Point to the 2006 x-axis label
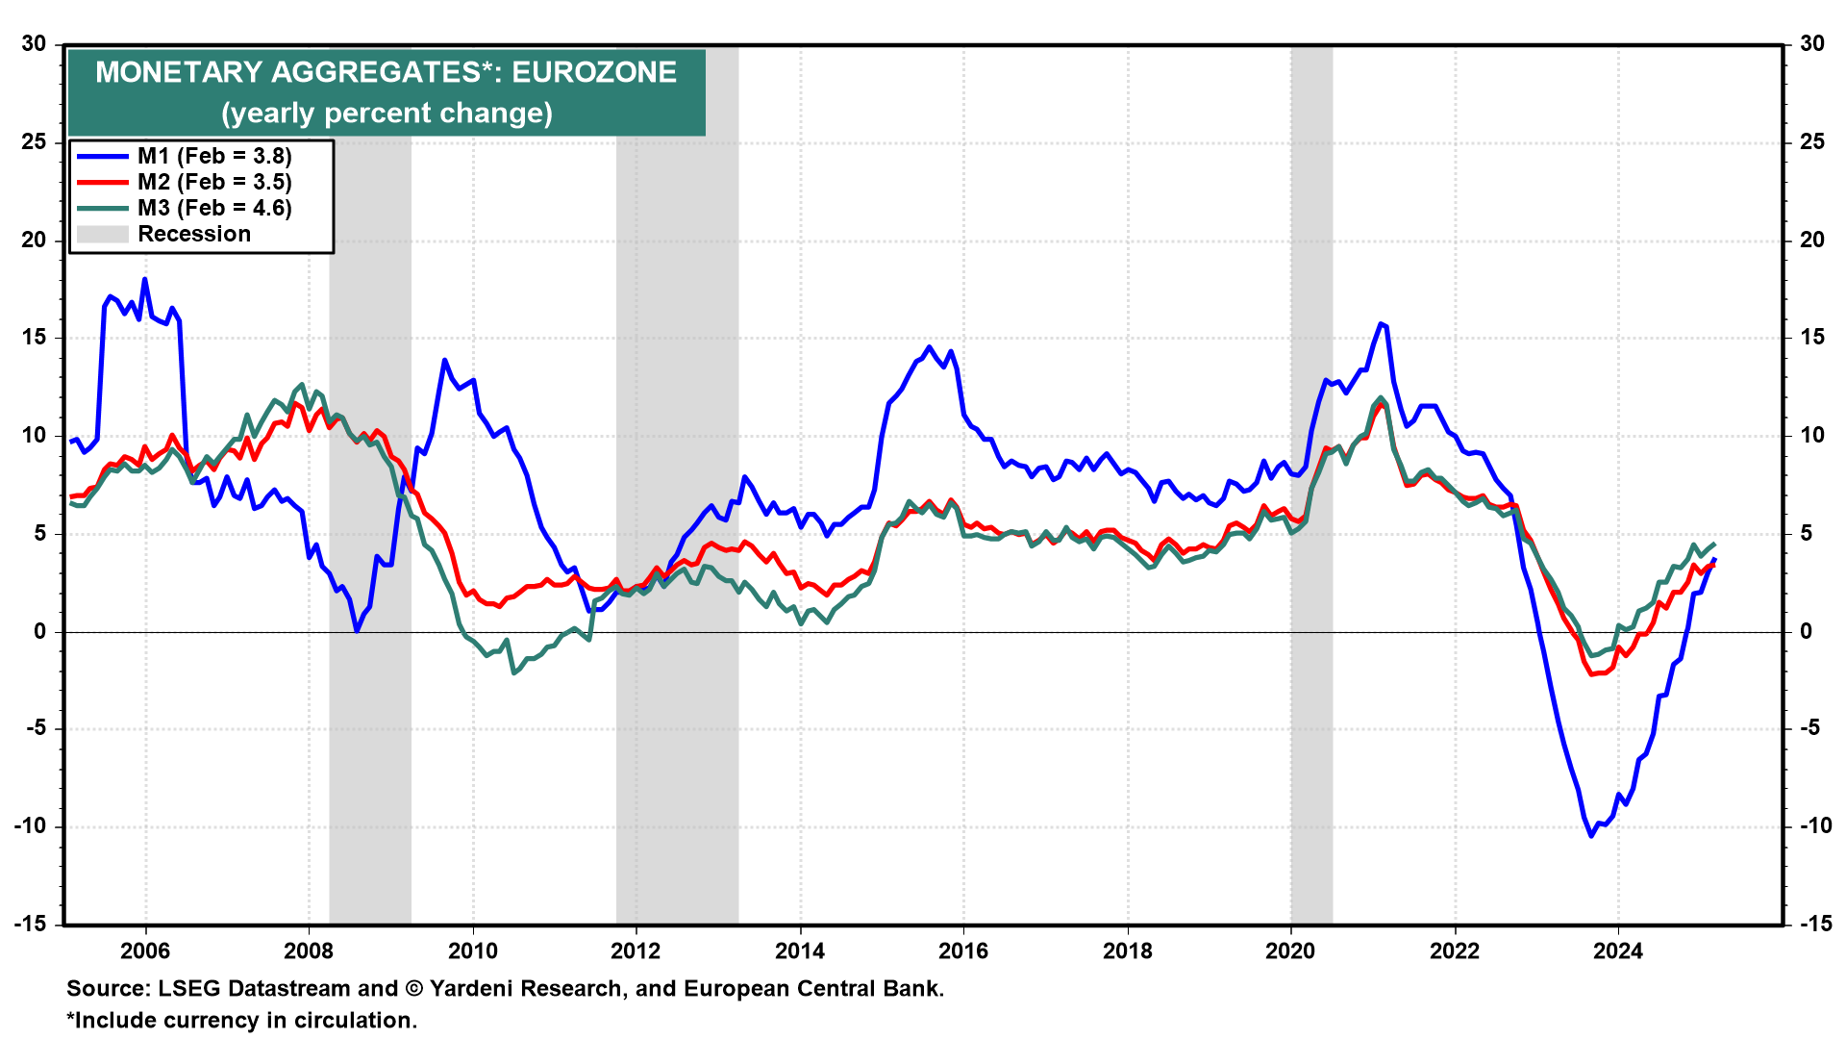click(145, 951)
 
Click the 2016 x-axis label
click(963, 951)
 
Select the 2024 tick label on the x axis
click(1618, 951)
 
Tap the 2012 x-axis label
click(636, 951)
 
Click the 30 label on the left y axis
click(34, 43)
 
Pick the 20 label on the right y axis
click(1811, 240)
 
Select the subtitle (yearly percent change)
click(387, 114)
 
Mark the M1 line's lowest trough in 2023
click(1591, 836)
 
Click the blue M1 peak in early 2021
click(1381, 323)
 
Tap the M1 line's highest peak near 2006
click(145, 279)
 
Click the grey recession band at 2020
click(1311, 481)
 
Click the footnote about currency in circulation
click(241, 1020)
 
